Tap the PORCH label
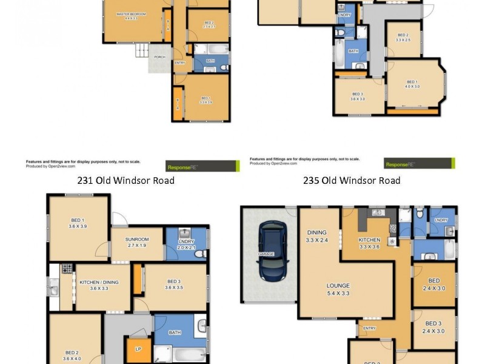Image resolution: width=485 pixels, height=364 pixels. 159,57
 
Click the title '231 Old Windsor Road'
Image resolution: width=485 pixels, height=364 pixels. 125,180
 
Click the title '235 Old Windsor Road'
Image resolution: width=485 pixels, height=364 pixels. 352,180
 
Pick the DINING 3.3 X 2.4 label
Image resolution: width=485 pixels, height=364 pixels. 317,236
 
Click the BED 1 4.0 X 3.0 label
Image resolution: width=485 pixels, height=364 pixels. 412,84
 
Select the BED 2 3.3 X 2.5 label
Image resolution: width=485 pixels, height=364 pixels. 403,37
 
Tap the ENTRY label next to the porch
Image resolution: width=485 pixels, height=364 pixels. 179,62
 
